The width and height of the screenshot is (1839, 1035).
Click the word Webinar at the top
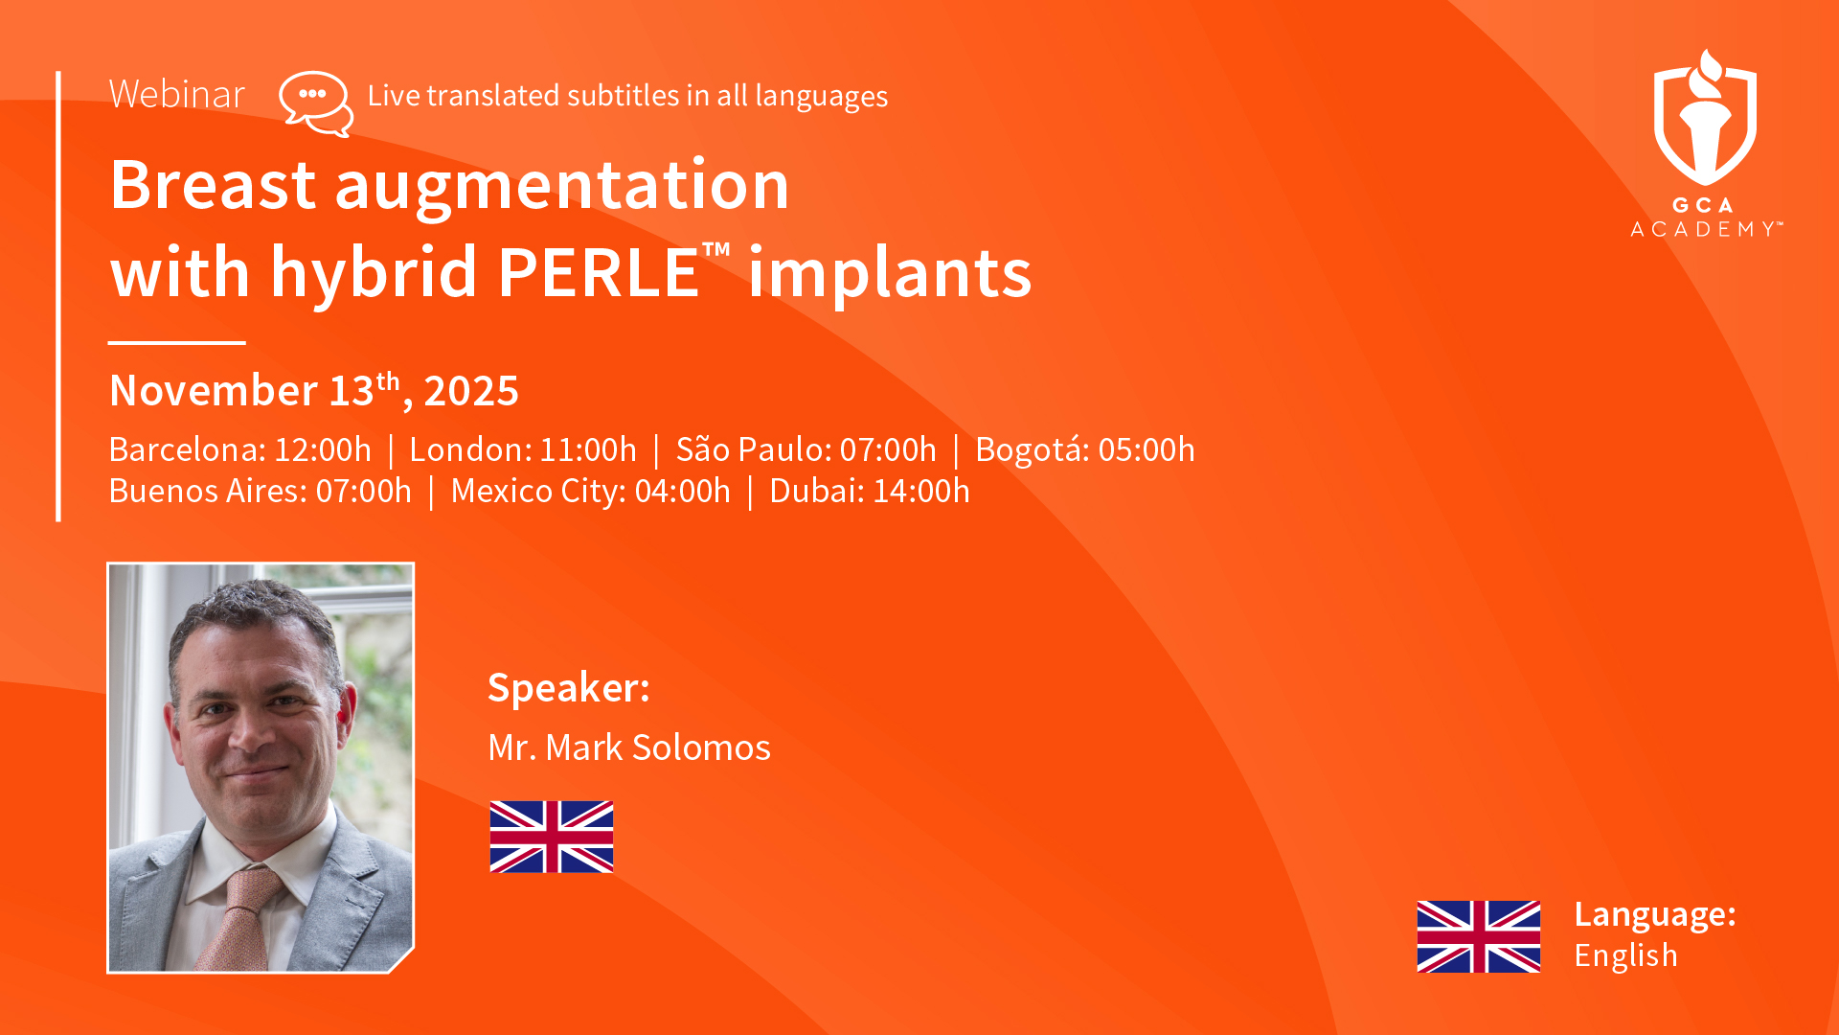point(177,94)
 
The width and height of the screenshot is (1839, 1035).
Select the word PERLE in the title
point(599,272)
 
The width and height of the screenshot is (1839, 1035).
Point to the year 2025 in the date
point(471,391)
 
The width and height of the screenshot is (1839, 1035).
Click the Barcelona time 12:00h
point(323,449)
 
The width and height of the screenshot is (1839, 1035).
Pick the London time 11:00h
point(588,449)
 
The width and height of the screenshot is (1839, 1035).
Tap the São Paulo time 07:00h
point(888,449)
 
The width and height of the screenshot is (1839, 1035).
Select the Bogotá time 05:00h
point(1147,449)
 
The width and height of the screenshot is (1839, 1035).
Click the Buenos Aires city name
point(208,491)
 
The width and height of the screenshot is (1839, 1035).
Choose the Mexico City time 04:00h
point(682,491)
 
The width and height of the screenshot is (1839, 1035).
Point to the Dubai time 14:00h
point(920,491)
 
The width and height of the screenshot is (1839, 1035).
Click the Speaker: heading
point(569,687)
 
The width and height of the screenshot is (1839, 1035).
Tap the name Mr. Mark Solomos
point(629,747)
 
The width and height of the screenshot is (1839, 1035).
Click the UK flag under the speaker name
point(552,837)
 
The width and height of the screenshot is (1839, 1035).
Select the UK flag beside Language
point(1479,936)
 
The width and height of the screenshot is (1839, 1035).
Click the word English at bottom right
point(1626,955)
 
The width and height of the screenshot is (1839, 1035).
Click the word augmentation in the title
point(562,185)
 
